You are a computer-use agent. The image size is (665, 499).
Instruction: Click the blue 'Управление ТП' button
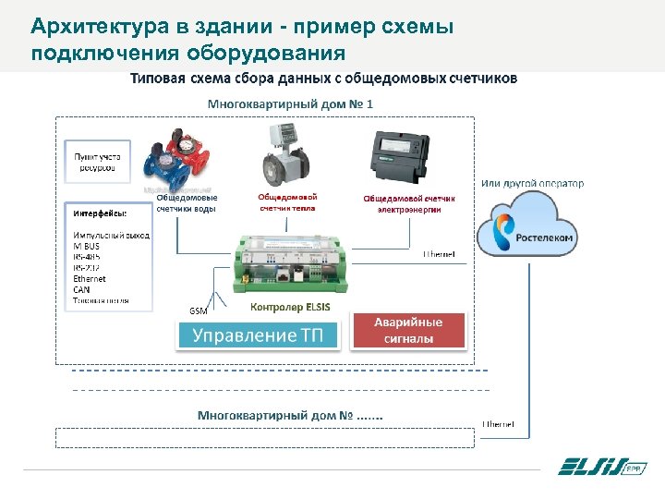(x=258, y=335)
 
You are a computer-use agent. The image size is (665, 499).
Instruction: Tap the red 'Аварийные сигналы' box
(x=407, y=331)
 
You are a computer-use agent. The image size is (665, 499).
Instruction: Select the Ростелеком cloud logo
(x=530, y=230)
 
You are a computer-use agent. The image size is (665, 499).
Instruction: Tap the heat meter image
(x=285, y=157)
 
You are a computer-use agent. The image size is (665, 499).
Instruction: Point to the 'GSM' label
(x=199, y=310)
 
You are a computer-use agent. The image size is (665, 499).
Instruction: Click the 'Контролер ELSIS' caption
(x=290, y=307)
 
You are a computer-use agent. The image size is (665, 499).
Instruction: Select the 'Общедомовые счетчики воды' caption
(x=187, y=202)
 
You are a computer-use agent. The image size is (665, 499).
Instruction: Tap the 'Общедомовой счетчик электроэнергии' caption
(x=408, y=203)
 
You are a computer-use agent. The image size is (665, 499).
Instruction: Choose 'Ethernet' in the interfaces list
(x=90, y=278)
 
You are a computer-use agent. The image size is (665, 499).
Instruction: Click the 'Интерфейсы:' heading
(x=96, y=213)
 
